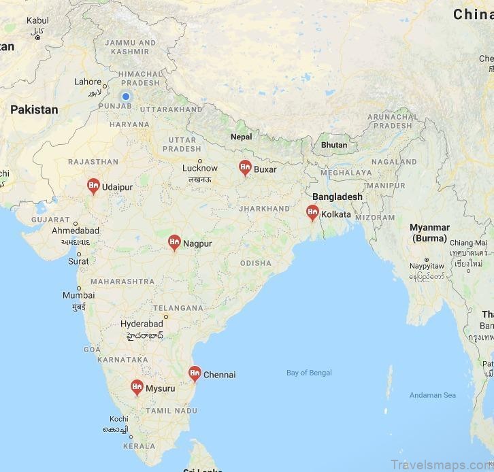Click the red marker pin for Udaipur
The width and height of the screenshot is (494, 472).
93,185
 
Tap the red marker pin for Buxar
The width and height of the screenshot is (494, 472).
245,167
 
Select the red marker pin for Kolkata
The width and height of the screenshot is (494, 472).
313,212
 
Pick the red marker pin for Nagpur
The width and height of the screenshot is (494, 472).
174,242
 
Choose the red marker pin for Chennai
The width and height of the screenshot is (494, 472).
195,373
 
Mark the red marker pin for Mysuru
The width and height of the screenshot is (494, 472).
137,388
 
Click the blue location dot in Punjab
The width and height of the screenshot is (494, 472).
126,97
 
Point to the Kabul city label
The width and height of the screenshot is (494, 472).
37,21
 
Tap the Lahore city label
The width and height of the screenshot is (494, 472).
88,82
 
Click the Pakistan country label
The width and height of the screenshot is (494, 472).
34,109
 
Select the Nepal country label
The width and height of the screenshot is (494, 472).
241,137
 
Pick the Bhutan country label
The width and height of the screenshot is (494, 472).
334,145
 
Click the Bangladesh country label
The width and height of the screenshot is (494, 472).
337,197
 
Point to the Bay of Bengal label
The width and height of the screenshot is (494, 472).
309,373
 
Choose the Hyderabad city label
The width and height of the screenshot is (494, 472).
142,324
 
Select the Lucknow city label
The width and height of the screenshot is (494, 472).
200,168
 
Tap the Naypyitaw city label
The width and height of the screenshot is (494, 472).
427,267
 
